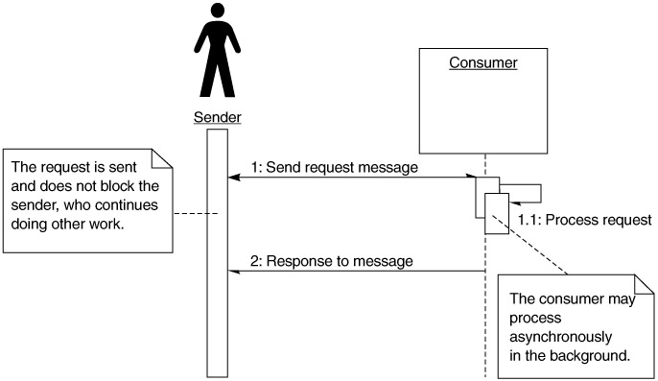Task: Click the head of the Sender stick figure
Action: pyautogui.click(x=218, y=11)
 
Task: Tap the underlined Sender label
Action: pyautogui.click(x=218, y=117)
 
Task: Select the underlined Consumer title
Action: pyautogui.click(x=483, y=62)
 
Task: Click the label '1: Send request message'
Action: pyautogui.click(x=335, y=167)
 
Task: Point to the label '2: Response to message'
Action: pyautogui.click(x=332, y=261)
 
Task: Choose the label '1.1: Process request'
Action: pyautogui.click(x=584, y=220)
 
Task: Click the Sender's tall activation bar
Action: pyautogui.click(x=218, y=252)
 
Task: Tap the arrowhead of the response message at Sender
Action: pyautogui.click(x=233, y=272)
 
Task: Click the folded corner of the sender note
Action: pyautogui.click(x=161, y=158)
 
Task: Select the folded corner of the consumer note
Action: pyautogui.click(x=644, y=285)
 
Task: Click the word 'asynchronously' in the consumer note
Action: pyautogui.click(x=560, y=337)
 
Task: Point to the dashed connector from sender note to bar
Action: pyautogui.click(x=196, y=214)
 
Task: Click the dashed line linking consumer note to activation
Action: pyautogui.click(x=530, y=245)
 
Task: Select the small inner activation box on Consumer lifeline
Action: pyautogui.click(x=497, y=213)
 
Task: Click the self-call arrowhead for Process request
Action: pyautogui.click(x=514, y=203)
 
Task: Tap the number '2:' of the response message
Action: pyautogui.click(x=256, y=261)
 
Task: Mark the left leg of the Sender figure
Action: pyautogui.click(x=208, y=80)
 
